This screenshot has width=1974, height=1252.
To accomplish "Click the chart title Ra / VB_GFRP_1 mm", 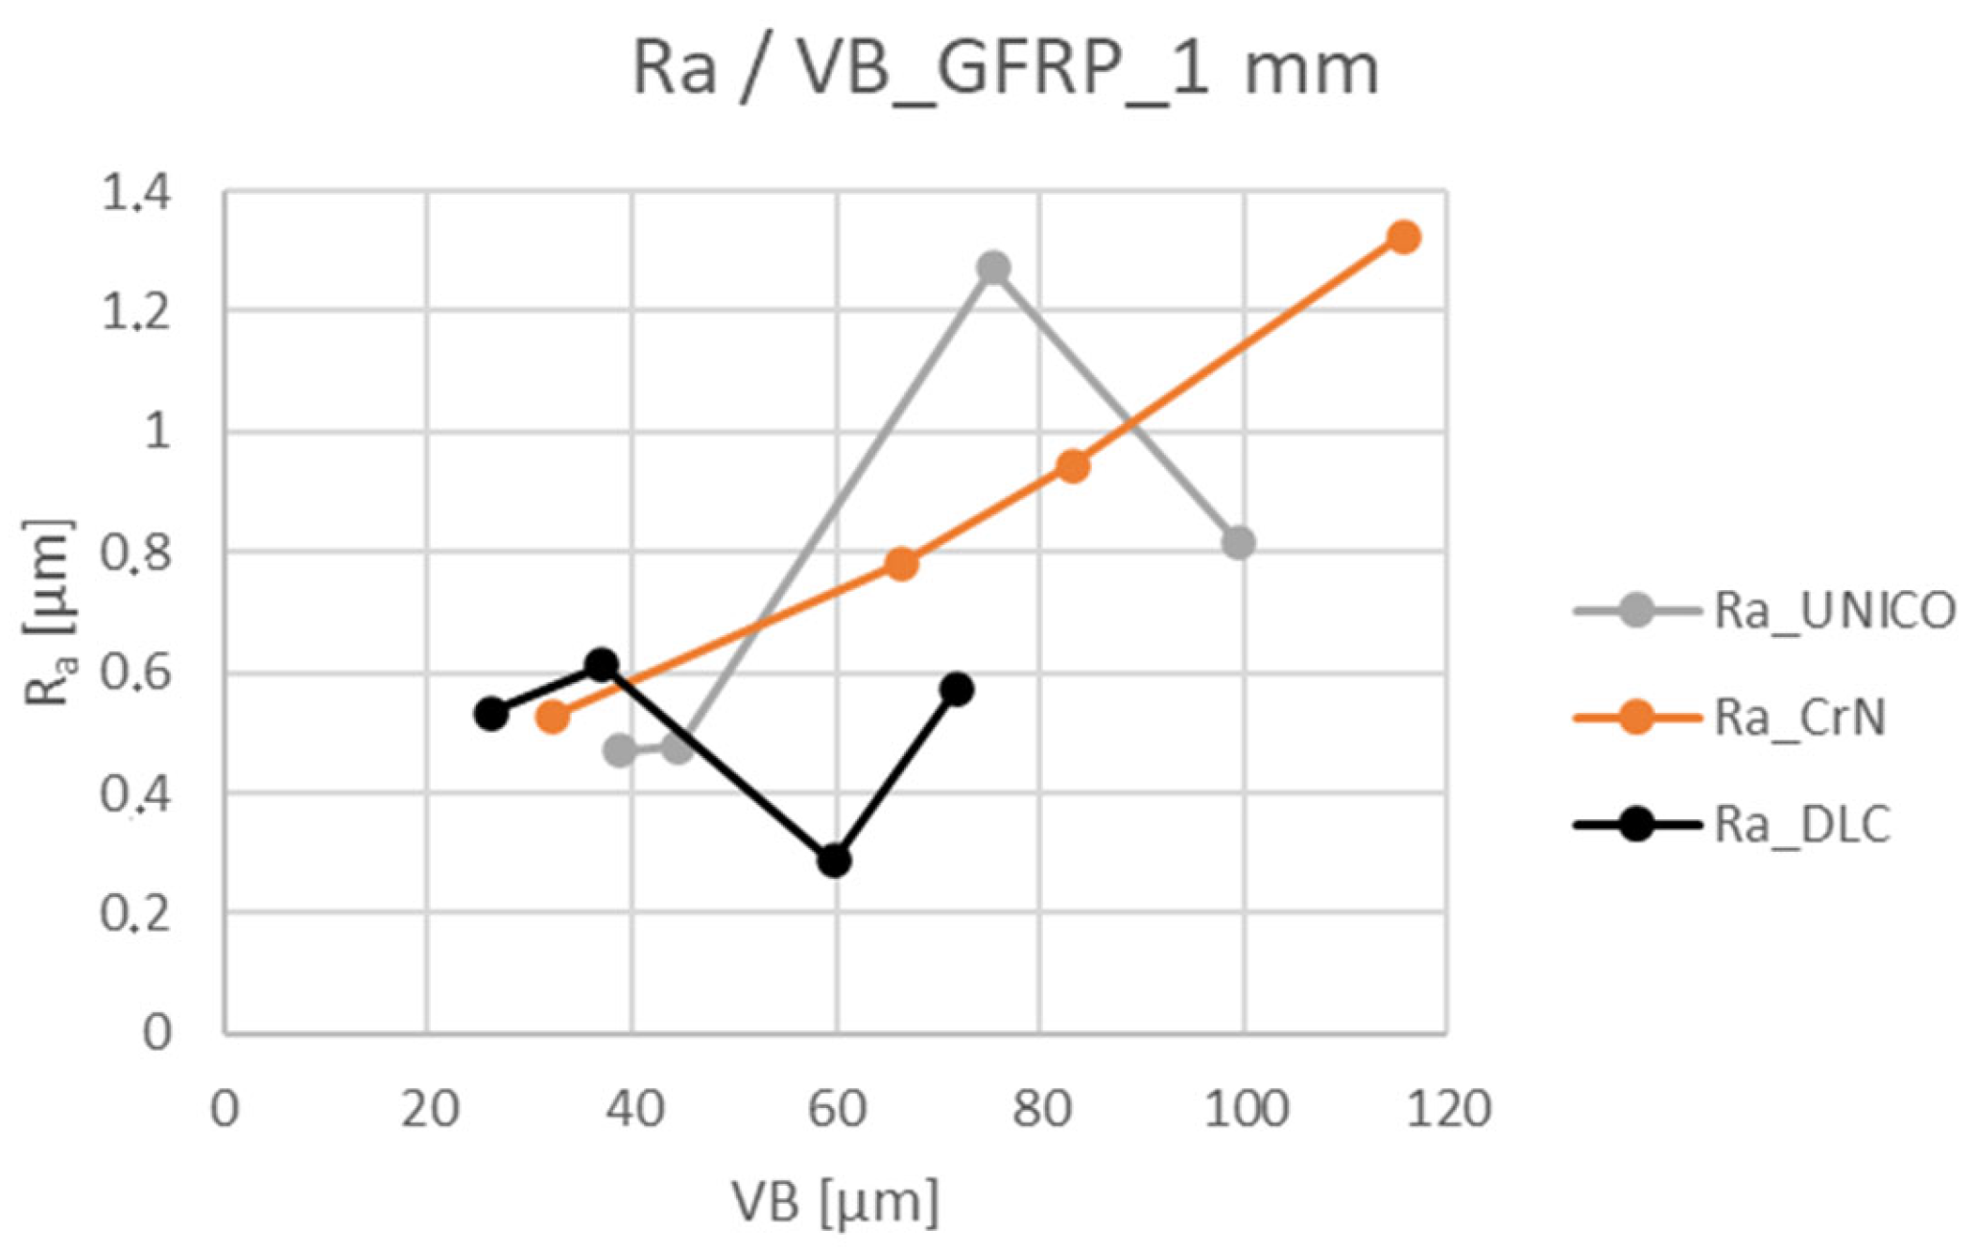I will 1005,69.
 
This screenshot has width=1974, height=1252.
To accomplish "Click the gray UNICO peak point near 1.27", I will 993,268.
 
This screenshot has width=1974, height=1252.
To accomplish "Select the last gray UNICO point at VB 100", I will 1238,543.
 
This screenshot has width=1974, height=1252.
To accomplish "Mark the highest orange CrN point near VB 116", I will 1404,237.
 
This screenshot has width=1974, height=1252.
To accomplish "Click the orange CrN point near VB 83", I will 1073,466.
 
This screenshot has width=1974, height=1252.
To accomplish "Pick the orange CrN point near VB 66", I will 901,564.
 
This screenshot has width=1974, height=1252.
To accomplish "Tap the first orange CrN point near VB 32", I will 553,717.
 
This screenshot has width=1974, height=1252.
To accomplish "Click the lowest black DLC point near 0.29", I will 834,861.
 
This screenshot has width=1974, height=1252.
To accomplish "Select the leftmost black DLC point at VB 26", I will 490,714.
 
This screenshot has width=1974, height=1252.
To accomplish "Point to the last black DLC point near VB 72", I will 957,689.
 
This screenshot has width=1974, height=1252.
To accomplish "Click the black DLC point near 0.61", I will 602,664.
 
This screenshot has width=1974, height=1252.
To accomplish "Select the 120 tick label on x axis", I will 1446,1110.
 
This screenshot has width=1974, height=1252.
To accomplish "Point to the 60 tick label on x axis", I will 836,1110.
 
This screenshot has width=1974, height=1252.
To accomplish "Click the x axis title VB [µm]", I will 835,1201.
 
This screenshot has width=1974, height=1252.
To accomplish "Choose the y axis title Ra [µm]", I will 48,614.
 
